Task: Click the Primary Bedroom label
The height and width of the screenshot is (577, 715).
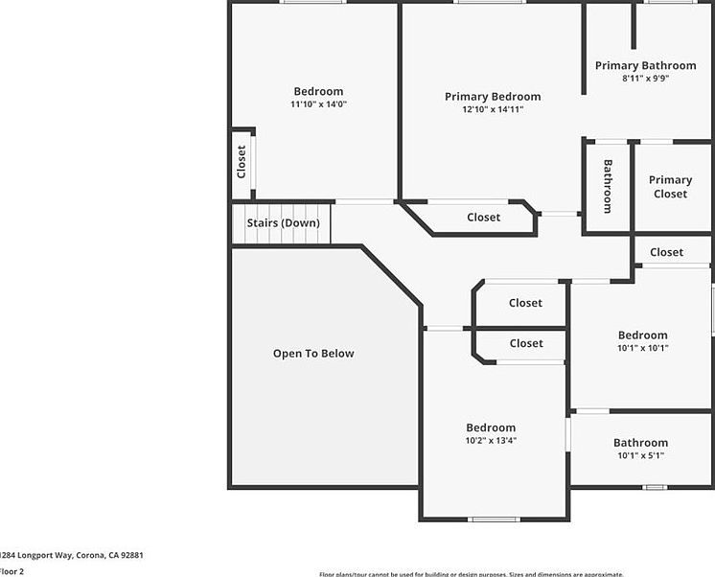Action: coord(493,97)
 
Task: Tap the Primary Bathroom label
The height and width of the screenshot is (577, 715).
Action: coord(645,66)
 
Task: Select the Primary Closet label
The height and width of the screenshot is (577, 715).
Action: coord(670,187)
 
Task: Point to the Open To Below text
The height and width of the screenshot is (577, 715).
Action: coord(313,354)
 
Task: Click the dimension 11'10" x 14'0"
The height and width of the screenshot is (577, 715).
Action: coord(318,104)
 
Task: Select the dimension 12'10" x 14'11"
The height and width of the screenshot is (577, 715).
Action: coord(493,109)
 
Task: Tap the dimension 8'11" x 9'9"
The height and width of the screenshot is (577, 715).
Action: coord(645,79)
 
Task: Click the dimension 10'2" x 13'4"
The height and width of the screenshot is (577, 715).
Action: coord(491,441)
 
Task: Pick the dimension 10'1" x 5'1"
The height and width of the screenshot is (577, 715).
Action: coord(641,456)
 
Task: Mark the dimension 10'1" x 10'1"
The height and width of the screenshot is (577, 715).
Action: coord(642,349)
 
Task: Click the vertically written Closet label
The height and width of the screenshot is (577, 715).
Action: coord(242,161)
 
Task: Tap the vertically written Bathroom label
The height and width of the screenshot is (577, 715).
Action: coord(608,186)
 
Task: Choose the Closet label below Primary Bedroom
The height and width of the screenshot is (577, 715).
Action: coord(483,218)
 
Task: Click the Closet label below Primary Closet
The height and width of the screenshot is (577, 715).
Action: coord(666,253)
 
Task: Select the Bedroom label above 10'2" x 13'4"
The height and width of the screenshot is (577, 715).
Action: coord(491,428)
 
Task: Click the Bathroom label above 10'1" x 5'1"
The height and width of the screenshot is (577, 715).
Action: coord(641,444)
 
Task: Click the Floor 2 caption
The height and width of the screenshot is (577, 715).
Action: coord(12,571)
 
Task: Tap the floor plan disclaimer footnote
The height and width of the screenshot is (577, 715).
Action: coord(470,573)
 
